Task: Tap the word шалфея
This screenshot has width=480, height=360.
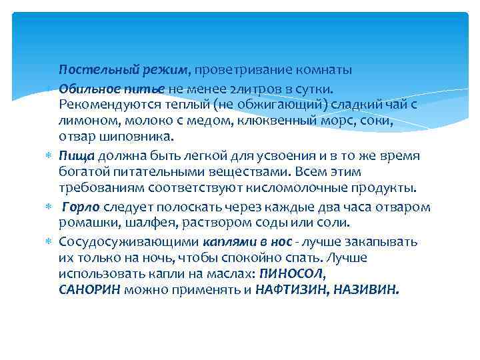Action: tap(143, 223)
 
